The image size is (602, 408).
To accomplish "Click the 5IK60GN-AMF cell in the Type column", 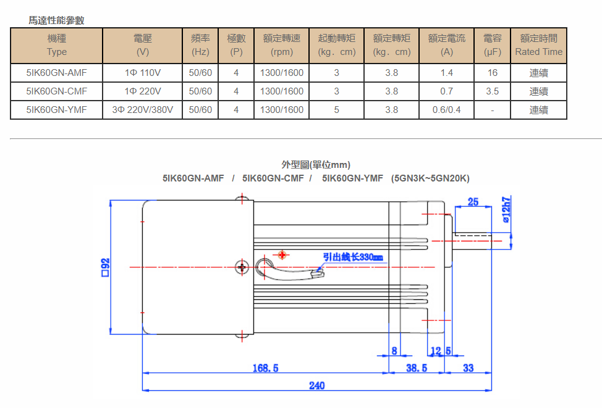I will [x=56, y=73].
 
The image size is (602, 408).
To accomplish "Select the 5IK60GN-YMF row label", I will [x=56, y=110].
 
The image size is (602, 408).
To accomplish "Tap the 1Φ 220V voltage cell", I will [x=142, y=91].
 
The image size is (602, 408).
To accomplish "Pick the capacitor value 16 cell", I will [x=492, y=73].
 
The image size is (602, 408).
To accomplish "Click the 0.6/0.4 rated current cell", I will [x=446, y=110].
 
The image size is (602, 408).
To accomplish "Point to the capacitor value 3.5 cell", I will [x=492, y=91].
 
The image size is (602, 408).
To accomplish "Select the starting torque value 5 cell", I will [x=336, y=110].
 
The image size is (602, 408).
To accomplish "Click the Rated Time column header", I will [x=538, y=45].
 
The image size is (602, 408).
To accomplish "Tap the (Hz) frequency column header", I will [x=200, y=45].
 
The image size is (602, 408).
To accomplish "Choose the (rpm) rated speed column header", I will [x=281, y=45].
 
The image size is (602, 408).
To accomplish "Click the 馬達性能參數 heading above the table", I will [x=56, y=20].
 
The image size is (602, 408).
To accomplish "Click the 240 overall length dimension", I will [x=316, y=386].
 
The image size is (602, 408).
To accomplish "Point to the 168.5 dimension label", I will [x=265, y=368].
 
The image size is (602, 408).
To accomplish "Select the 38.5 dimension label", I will [x=416, y=368].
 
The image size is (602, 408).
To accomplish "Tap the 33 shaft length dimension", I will [x=468, y=368].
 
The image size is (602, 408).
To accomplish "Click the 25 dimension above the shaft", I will [x=473, y=202].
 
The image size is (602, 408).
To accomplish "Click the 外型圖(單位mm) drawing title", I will [x=316, y=165].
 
